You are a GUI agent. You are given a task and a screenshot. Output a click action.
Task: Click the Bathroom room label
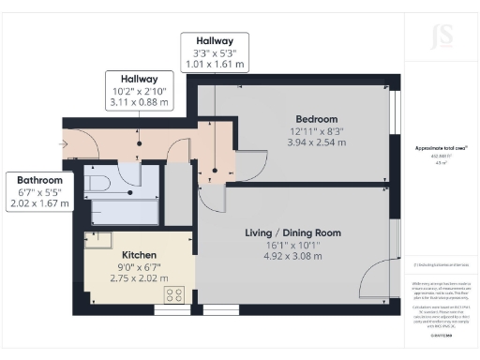[38, 180]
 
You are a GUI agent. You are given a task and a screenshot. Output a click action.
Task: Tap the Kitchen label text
[139, 254]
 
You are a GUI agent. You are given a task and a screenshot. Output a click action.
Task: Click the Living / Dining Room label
[300, 232]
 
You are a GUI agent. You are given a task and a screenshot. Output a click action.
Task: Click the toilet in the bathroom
[101, 180]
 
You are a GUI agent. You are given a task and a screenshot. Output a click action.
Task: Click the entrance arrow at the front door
[63, 144]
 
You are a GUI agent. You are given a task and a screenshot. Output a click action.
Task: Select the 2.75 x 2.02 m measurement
[139, 279]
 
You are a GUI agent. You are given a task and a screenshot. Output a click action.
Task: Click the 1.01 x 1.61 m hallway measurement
[215, 65]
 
